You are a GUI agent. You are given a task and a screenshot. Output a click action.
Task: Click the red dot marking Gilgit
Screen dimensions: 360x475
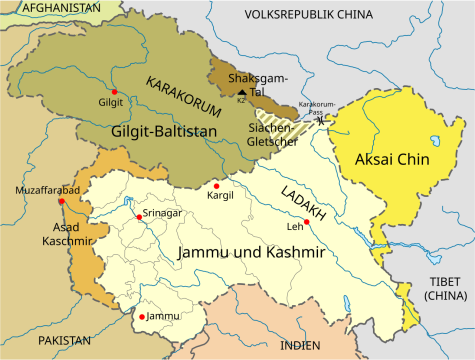tap(115, 91)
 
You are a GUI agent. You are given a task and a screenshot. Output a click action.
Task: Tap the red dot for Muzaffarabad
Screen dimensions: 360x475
tap(62, 201)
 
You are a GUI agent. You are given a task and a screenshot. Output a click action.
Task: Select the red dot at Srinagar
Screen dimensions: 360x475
tap(138, 217)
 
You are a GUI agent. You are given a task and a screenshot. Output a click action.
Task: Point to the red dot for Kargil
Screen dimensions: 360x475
tap(216, 186)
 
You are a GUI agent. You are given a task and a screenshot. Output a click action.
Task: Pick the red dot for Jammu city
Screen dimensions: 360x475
tap(142, 317)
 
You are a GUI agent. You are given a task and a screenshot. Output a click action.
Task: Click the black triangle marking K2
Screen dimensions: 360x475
tap(241, 92)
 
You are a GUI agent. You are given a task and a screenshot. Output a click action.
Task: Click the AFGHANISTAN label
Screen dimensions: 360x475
tap(50, 8)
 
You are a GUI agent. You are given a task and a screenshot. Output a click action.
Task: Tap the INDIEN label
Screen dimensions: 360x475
tap(301, 344)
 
